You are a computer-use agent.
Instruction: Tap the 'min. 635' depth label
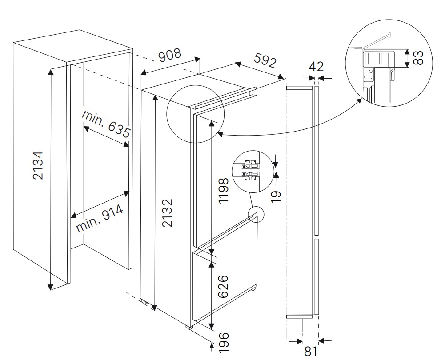pos(106,124)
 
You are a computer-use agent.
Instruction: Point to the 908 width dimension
pos(170,55)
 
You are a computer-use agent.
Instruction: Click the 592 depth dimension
pos(265,60)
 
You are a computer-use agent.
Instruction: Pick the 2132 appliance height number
pos(167,213)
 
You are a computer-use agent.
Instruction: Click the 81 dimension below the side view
pos(310,351)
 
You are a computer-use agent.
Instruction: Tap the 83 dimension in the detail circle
pos(418,58)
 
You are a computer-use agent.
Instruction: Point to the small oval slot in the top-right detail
pos(368,78)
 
